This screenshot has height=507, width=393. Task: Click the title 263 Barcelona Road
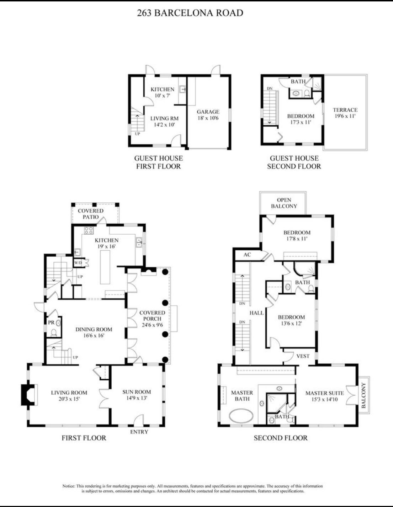[x=190, y=13]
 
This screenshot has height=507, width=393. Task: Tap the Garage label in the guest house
[x=208, y=112]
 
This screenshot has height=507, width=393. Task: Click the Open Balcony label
[x=284, y=203]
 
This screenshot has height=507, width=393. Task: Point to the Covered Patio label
[x=91, y=214]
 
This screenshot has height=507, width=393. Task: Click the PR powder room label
[x=51, y=322]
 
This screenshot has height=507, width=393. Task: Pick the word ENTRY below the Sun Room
[x=139, y=432]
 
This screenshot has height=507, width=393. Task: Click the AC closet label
[x=247, y=255]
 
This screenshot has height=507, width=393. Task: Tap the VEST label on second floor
[x=303, y=356]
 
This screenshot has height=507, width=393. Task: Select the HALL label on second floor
[x=256, y=313]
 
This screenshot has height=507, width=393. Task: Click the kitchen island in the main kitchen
[x=105, y=267]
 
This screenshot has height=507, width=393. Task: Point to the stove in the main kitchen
[x=89, y=230]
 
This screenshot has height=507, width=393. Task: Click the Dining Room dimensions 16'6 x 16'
[x=94, y=335]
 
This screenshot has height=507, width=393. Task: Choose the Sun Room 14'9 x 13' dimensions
[x=137, y=398]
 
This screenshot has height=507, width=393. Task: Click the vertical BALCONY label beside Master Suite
[x=363, y=395]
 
